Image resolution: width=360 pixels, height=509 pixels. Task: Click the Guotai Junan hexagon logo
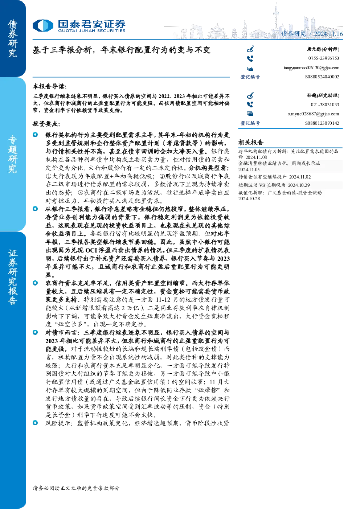[43, 25]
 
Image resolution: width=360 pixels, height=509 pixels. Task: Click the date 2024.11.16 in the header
[328, 34]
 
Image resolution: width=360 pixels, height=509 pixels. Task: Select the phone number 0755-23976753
[323, 58]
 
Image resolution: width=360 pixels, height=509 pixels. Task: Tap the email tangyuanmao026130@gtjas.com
[311, 68]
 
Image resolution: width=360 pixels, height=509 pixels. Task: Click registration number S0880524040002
[322, 77]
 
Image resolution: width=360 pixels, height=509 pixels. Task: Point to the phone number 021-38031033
[325, 105]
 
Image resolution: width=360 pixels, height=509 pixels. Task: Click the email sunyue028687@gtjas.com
[313, 114]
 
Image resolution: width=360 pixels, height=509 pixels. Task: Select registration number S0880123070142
[322, 123]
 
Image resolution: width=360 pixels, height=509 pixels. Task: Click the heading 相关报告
[251, 143]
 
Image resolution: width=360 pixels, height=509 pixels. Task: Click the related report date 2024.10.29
[299, 185]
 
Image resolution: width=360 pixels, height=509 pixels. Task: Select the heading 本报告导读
[50, 87]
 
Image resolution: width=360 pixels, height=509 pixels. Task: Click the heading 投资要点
[46, 124]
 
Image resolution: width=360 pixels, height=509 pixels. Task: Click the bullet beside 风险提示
[35, 423]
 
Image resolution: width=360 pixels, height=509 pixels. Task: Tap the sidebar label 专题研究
[13, 154]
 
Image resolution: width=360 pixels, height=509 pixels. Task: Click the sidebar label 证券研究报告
[13, 277]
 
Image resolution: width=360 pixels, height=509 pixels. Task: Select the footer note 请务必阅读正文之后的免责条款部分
[76, 488]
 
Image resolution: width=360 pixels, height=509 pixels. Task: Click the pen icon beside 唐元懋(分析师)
[250, 49]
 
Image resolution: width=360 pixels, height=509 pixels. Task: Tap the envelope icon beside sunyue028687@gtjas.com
[250, 114]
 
